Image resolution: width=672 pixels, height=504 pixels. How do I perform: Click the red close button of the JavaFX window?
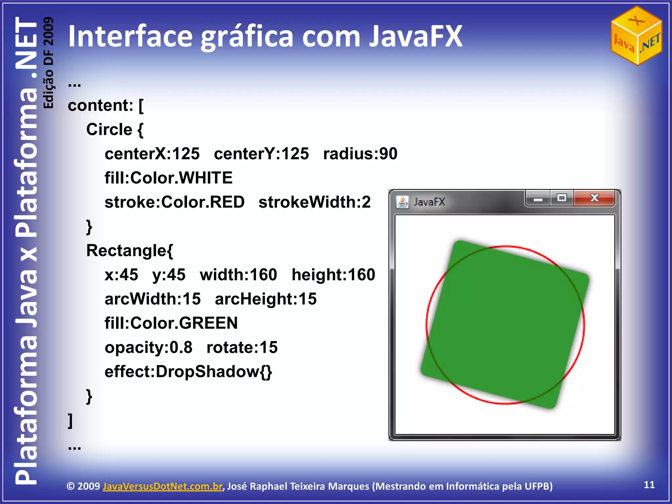coord(594,198)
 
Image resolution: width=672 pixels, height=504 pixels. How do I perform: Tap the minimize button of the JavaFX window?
coord(538,199)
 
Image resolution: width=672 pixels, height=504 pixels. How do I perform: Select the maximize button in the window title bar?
coord(562,198)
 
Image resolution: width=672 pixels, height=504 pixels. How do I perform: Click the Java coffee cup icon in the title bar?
coord(402,202)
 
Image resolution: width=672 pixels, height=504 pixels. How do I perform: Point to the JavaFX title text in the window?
coord(429,202)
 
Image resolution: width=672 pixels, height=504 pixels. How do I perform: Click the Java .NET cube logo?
coord(636,35)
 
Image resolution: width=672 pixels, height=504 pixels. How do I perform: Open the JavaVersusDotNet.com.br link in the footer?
coord(162,486)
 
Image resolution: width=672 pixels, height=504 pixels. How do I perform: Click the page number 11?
coord(649,485)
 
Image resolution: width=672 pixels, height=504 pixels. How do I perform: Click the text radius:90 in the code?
coord(360,154)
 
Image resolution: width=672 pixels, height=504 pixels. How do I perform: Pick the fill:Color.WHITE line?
coord(168,178)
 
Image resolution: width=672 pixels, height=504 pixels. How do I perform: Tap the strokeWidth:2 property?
coord(314,202)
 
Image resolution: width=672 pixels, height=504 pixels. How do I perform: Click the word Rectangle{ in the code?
coord(129,251)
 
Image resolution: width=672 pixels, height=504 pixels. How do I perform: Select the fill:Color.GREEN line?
coord(171,323)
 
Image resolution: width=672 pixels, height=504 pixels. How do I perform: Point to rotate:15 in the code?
coord(242,347)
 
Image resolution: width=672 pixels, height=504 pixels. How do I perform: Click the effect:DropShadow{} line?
coord(188,372)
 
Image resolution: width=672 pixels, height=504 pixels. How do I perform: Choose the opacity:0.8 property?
coord(148,347)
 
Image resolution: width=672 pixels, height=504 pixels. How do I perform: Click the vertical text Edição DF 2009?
coord(48,62)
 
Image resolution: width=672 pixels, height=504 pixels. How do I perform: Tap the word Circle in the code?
coord(109,130)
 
